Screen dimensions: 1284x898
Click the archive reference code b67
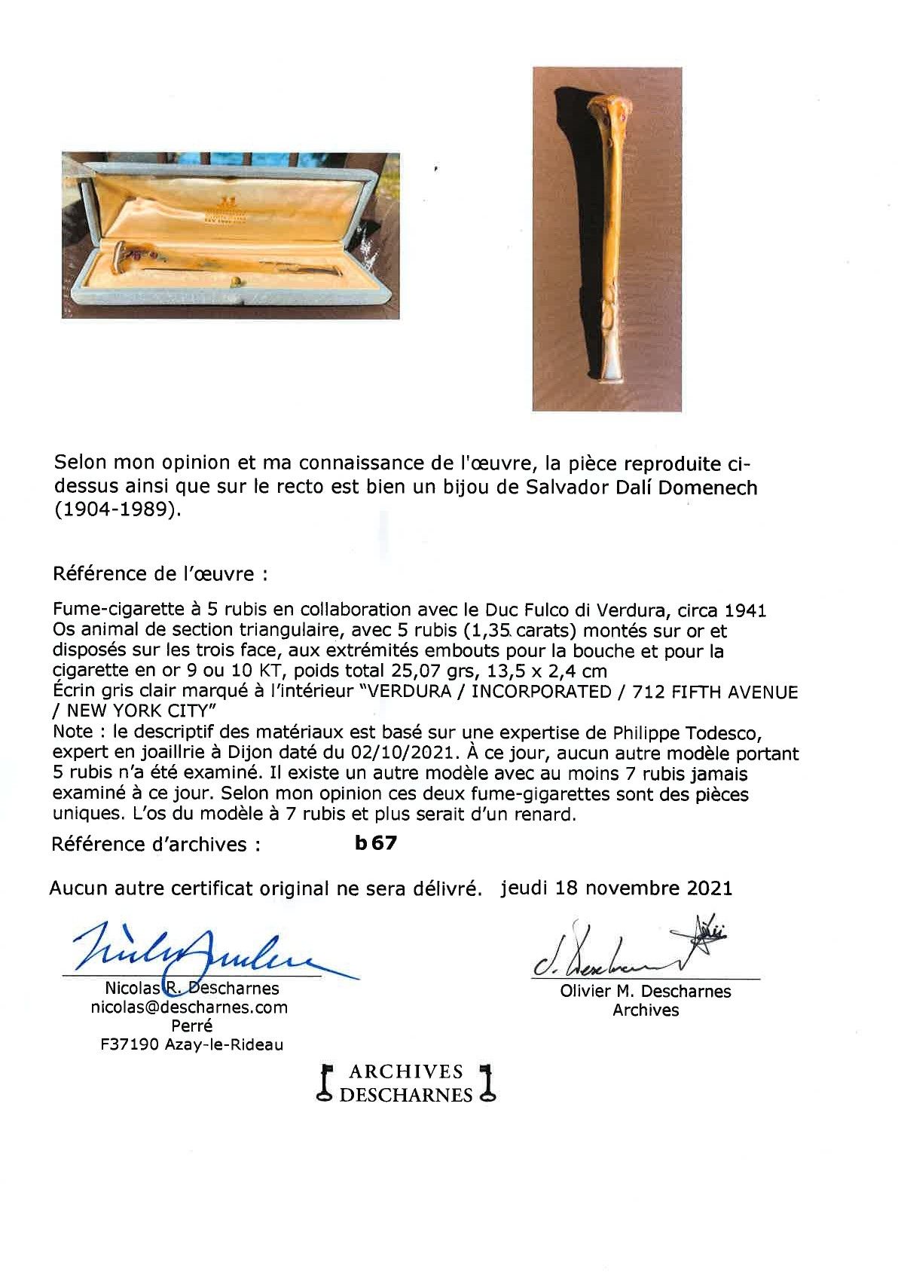[x=375, y=843]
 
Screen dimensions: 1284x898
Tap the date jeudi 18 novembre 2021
[x=615, y=888]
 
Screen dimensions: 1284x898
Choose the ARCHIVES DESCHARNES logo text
[x=407, y=1083]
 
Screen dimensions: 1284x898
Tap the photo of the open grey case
[x=231, y=235]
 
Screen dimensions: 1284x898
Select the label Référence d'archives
[x=156, y=844]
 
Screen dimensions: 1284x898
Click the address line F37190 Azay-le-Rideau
[x=185, y=1044]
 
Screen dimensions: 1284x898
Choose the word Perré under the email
[x=191, y=1026]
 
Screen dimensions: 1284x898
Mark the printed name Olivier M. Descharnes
[x=646, y=992]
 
